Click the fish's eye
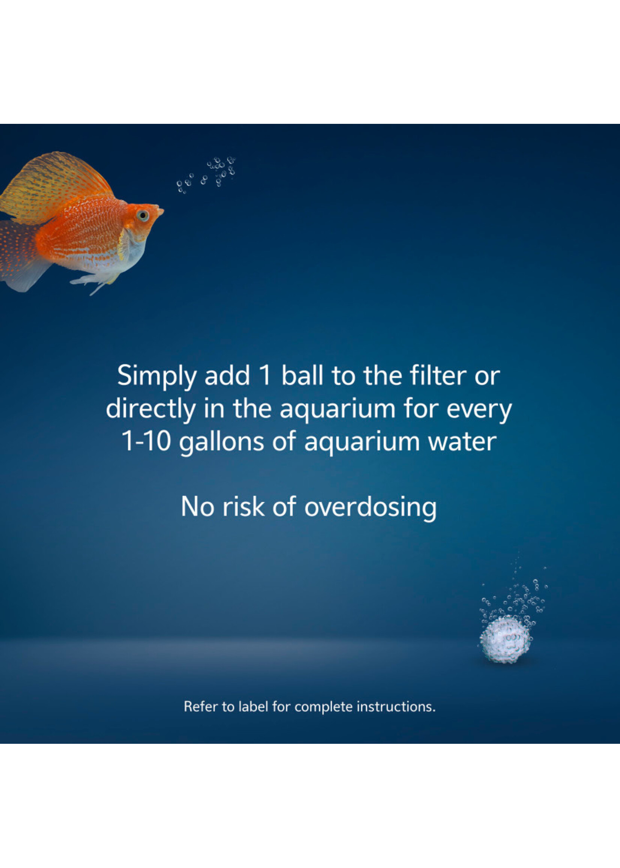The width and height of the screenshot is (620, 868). click(143, 216)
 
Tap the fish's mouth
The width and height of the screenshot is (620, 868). click(161, 210)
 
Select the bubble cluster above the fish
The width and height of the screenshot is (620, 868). click(206, 175)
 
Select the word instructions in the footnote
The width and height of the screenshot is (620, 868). click(396, 707)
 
